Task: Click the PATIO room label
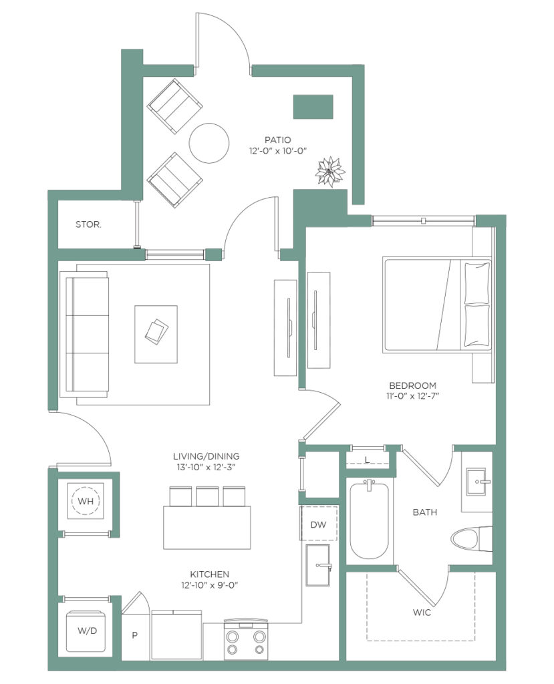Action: (277, 140)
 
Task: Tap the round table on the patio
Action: (209, 143)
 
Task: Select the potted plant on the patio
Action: (330, 172)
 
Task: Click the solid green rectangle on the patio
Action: (313, 107)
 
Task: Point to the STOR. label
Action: (88, 224)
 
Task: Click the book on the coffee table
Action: (156, 332)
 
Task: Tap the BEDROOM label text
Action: (412, 385)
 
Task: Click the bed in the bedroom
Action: (437, 305)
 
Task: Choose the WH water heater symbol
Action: (86, 501)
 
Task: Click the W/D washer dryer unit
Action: (88, 631)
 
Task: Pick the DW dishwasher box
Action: (318, 524)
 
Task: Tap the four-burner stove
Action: (245, 639)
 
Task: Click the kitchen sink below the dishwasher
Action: (318, 565)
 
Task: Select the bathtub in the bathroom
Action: (369, 520)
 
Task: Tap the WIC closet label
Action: (422, 613)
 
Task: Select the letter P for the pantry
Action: (134, 635)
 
